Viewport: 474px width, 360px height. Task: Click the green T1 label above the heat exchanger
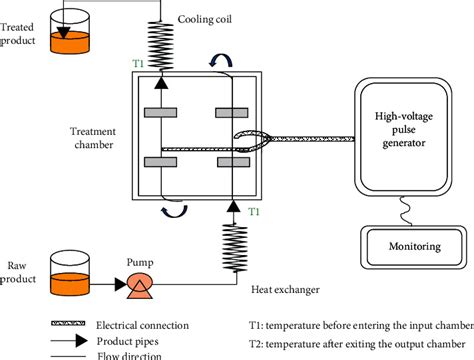tap(254, 211)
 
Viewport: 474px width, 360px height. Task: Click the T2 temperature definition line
tap(359, 341)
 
